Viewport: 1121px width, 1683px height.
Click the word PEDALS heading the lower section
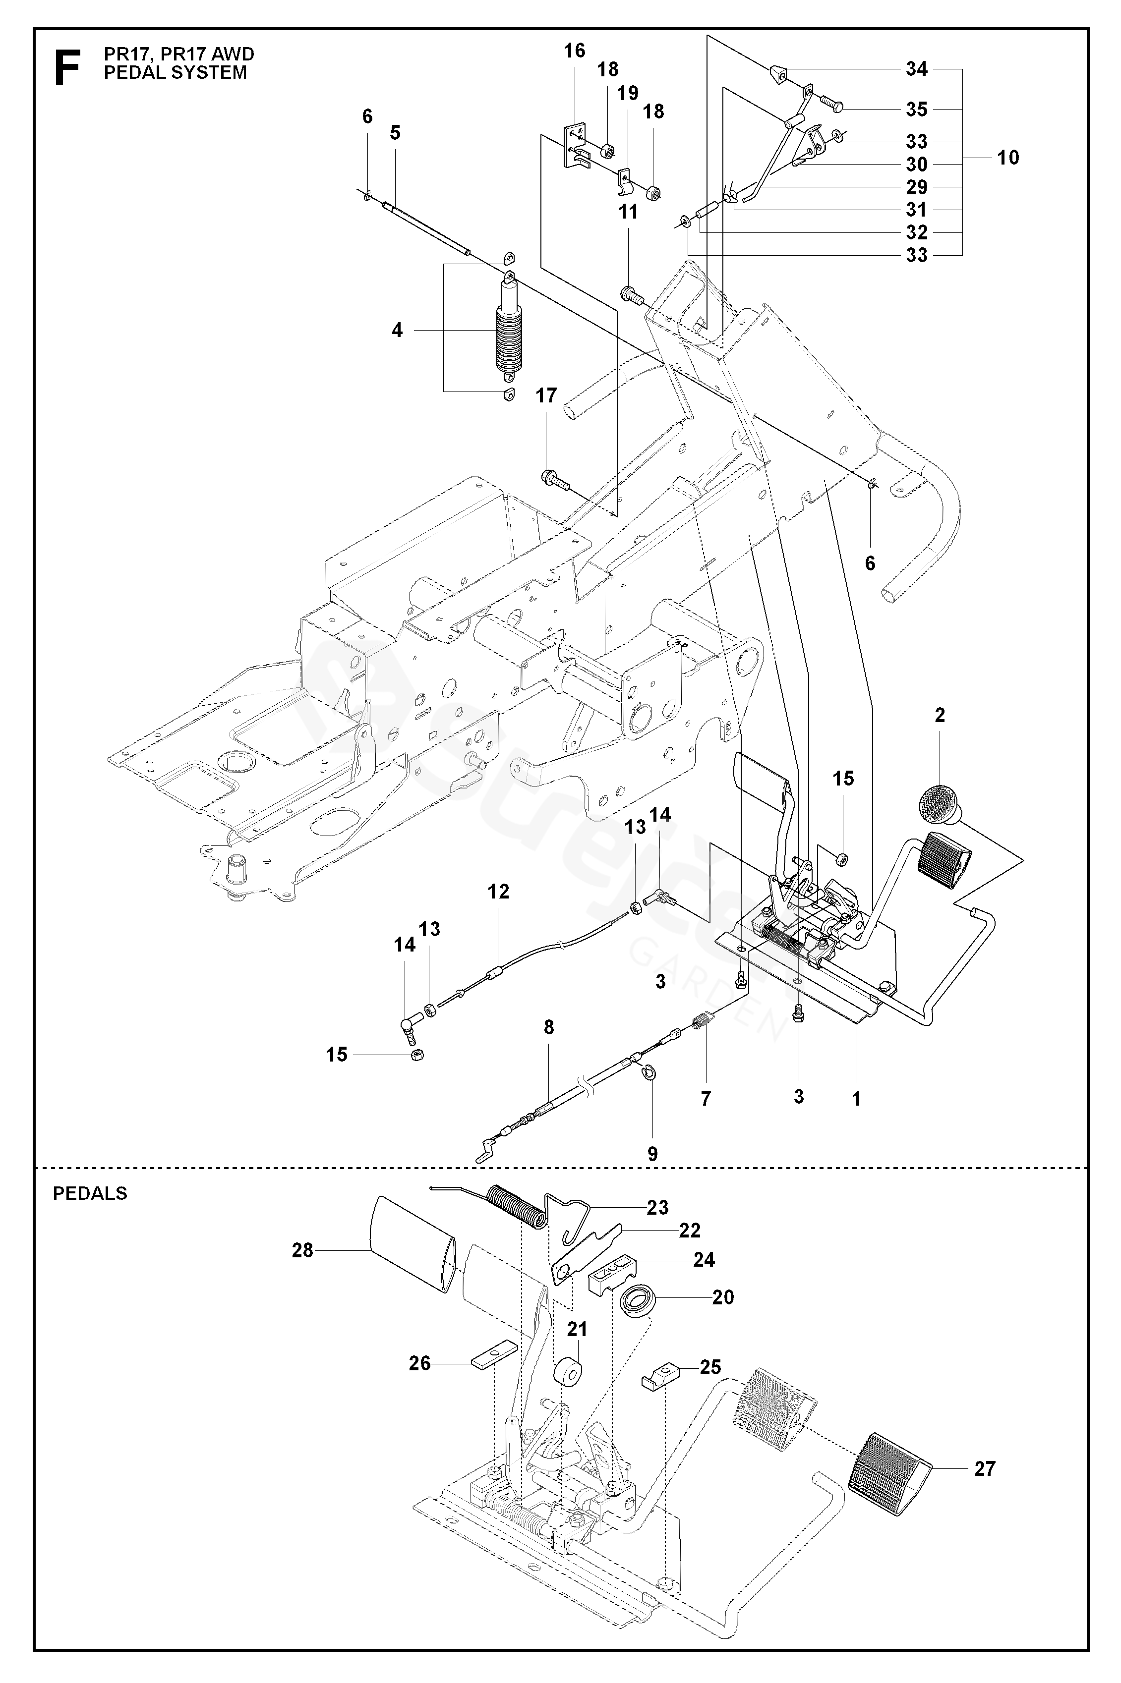tap(90, 1193)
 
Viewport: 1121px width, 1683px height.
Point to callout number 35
tap(917, 110)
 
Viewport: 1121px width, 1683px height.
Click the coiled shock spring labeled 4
tap(508, 333)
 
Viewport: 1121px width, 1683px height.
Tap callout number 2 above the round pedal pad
tap(940, 715)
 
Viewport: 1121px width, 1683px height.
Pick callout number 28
tap(302, 1250)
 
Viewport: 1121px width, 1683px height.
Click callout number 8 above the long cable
tap(548, 1027)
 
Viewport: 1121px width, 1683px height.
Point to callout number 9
tap(652, 1153)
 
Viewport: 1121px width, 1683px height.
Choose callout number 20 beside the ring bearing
tap(723, 1297)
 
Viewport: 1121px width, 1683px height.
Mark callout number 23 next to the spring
tap(657, 1207)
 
